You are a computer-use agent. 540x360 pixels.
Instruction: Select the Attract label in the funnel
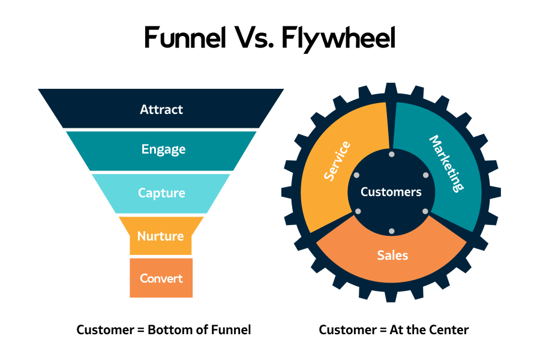(161, 110)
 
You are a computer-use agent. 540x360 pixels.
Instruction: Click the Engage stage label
(163, 149)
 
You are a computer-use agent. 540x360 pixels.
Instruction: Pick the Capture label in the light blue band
(161, 193)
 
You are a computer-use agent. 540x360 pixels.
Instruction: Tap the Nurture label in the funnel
(160, 236)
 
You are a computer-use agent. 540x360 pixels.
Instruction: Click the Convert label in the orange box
(161, 278)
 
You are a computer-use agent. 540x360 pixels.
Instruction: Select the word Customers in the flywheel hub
(391, 193)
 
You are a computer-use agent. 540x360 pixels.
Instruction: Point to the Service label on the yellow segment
(337, 161)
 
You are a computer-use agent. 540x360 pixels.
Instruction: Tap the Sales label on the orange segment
(392, 255)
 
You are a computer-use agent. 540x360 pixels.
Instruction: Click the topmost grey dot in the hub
(391, 155)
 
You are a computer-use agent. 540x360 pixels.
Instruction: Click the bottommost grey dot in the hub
(391, 231)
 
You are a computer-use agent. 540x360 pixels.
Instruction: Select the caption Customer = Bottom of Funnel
(164, 329)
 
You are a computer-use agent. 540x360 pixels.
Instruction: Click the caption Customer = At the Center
(394, 329)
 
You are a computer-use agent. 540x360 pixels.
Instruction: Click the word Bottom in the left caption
(166, 329)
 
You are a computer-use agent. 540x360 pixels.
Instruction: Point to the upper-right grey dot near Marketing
(425, 175)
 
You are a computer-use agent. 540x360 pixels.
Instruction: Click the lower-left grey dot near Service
(358, 211)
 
